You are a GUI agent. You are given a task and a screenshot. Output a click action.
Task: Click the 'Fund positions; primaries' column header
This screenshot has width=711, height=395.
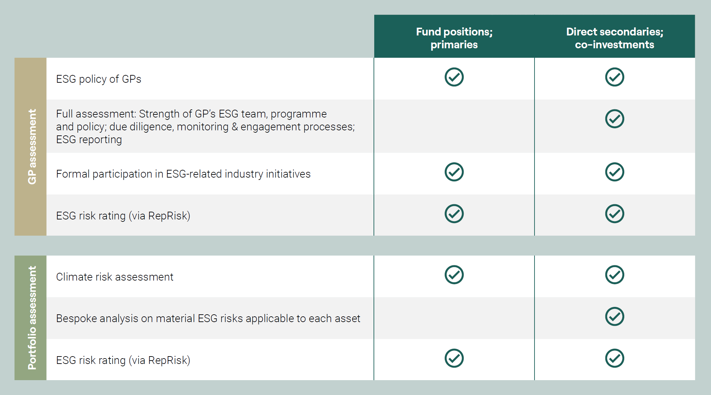[x=454, y=38]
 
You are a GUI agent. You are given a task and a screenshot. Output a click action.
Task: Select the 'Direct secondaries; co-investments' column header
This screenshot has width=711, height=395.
[x=614, y=38]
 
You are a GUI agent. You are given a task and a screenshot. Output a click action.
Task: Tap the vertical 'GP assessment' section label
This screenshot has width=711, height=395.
[x=32, y=147]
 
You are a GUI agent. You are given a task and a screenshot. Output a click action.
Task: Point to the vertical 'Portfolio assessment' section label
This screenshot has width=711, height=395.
[x=32, y=318]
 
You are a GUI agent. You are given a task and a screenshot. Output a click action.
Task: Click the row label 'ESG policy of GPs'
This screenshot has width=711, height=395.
[x=99, y=79]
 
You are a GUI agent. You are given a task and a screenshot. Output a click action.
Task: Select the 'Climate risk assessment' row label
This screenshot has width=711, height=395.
[x=115, y=277]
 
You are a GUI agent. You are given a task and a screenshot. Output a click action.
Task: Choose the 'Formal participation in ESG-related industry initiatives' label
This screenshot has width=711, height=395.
[x=183, y=174]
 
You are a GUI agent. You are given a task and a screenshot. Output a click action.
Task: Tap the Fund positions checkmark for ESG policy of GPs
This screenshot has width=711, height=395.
[x=454, y=77]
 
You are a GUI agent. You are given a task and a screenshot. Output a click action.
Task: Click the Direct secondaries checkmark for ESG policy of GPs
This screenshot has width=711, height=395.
[x=614, y=77]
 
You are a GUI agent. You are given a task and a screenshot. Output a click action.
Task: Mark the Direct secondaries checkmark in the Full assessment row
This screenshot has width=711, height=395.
[x=614, y=119]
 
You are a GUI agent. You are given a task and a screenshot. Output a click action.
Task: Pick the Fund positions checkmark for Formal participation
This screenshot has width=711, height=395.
[x=454, y=172]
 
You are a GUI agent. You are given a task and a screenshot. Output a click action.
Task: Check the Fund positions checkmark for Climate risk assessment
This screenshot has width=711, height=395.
[x=454, y=275]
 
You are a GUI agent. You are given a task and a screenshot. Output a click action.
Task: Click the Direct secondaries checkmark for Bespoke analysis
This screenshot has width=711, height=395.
[x=614, y=316]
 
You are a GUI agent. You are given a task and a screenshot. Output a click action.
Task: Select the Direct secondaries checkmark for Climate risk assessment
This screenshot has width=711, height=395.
[x=614, y=275]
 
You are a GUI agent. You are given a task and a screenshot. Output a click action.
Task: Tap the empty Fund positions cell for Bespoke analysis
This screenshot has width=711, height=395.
[x=454, y=318]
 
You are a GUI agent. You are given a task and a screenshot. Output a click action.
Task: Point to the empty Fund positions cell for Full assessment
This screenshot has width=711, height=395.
[x=454, y=126]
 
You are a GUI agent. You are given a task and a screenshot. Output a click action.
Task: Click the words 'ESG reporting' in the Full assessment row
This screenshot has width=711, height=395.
[x=89, y=139]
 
